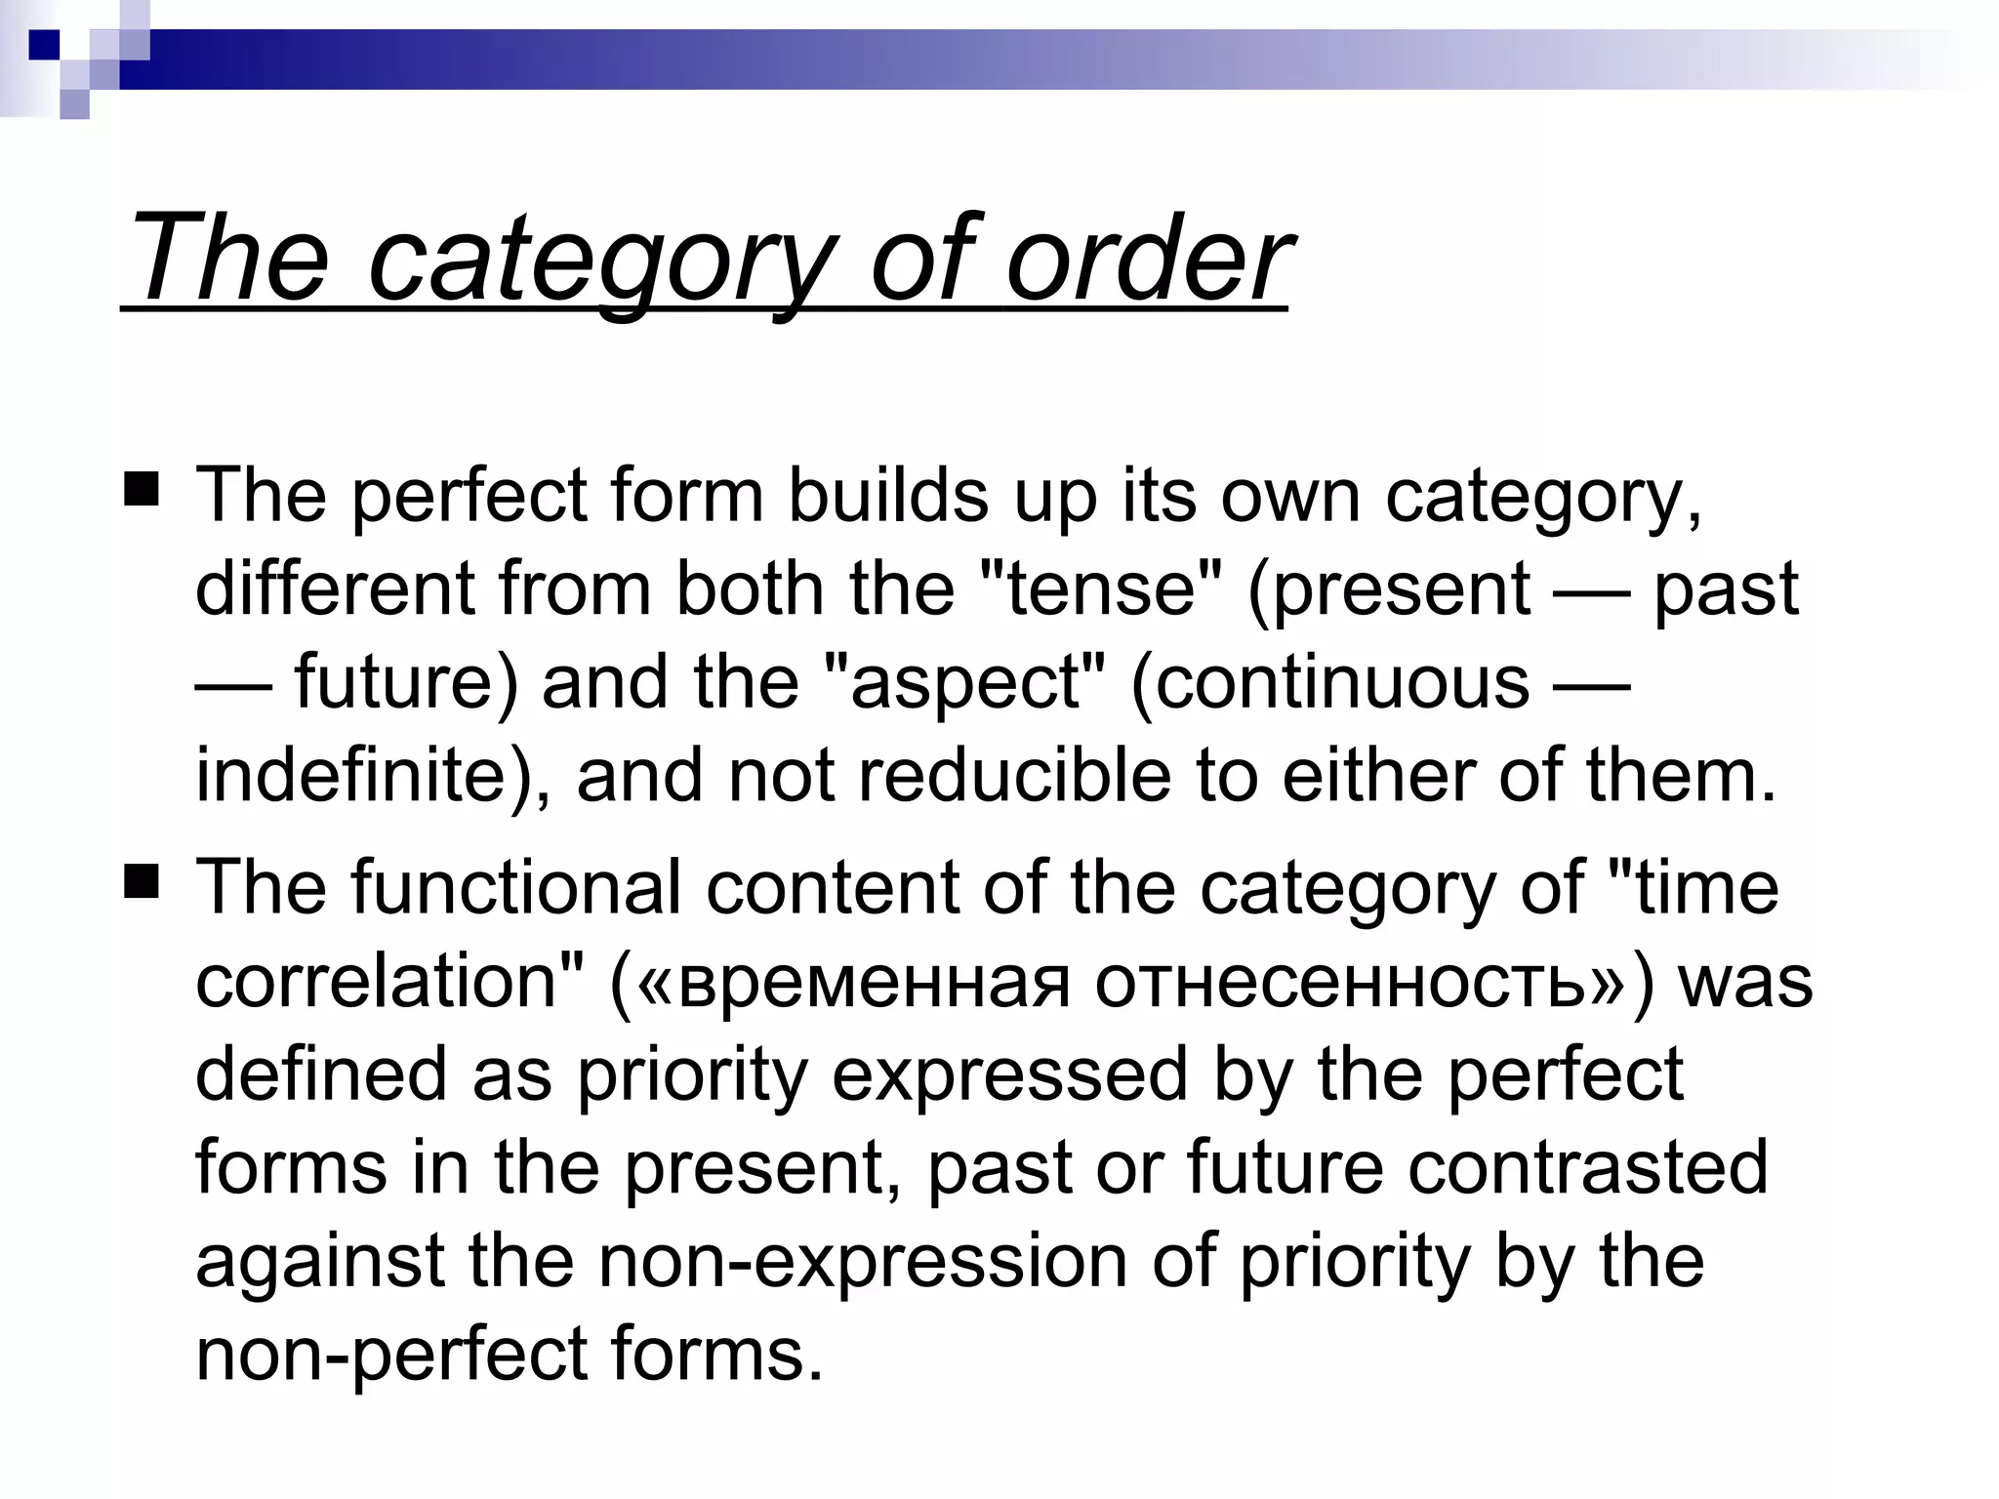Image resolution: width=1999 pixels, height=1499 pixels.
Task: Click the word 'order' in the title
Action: pyautogui.click(x=1148, y=260)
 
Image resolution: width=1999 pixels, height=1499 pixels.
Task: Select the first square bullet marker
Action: pyautogui.click(x=142, y=488)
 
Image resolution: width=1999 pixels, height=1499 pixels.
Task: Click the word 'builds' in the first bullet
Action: pyautogui.click(x=888, y=495)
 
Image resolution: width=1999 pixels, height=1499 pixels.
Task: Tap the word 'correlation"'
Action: pyautogui.click(x=390, y=980)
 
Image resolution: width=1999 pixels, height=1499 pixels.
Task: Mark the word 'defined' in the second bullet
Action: pyautogui.click(x=321, y=1074)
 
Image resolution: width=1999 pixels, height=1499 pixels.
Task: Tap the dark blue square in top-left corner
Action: pyautogui.click(x=44, y=44)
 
